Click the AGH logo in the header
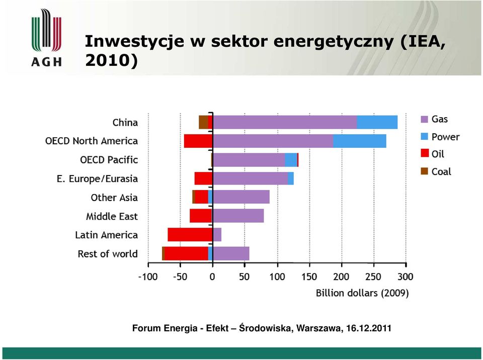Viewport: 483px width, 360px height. pyautogui.click(x=46, y=38)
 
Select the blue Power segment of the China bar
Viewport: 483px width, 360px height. pyautogui.click(x=377, y=122)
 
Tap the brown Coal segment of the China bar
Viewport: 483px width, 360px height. pyautogui.click(x=203, y=122)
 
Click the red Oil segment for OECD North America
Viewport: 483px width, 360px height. pyautogui.click(x=198, y=141)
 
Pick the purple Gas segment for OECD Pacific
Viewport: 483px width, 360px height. pyautogui.click(x=249, y=160)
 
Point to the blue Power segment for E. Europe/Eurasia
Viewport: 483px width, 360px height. pyautogui.click(x=291, y=178)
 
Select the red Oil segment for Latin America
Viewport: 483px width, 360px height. pyautogui.click(x=190, y=235)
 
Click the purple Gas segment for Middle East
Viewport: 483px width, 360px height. pyautogui.click(x=238, y=216)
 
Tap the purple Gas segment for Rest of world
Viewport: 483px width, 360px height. pyautogui.click(x=231, y=253)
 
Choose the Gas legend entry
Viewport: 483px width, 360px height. pyautogui.click(x=434, y=119)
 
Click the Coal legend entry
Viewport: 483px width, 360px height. pyautogui.click(x=436, y=171)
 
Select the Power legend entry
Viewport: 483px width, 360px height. pyautogui.click(x=440, y=137)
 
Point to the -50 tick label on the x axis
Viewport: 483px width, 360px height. pyautogui.click(x=180, y=277)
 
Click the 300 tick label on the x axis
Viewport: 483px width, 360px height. pyautogui.click(x=406, y=277)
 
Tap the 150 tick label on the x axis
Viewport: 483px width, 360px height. pyautogui.click(x=309, y=277)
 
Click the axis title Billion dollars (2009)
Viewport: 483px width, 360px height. pyautogui.click(x=362, y=293)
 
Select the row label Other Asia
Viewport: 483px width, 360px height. pyautogui.click(x=114, y=198)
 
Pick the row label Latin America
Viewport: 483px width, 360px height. pyautogui.click(x=106, y=235)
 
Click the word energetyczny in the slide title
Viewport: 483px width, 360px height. pyautogui.click(x=333, y=42)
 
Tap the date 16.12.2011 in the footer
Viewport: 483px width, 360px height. pyautogui.click(x=369, y=328)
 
